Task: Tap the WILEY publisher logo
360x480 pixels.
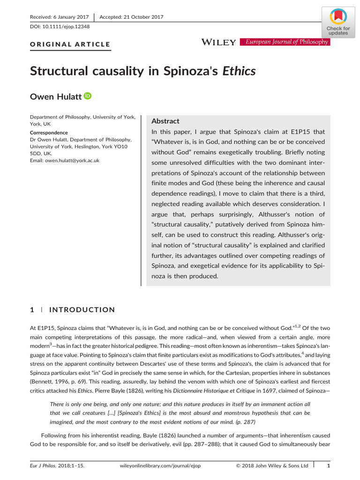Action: click(x=218, y=43)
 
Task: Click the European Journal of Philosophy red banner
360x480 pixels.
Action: click(x=285, y=42)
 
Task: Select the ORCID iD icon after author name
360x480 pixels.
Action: click(x=88, y=96)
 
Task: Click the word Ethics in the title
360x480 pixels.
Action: click(x=239, y=71)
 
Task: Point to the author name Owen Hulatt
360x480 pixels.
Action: click(x=55, y=97)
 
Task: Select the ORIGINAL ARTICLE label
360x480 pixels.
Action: click(x=70, y=45)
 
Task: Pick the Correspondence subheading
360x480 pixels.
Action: click(x=49, y=133)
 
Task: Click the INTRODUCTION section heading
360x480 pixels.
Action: click(x=82, y=310)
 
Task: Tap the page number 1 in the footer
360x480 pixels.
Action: click(x=328, y=465)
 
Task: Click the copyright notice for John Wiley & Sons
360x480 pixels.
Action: click(x=271, y=465)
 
